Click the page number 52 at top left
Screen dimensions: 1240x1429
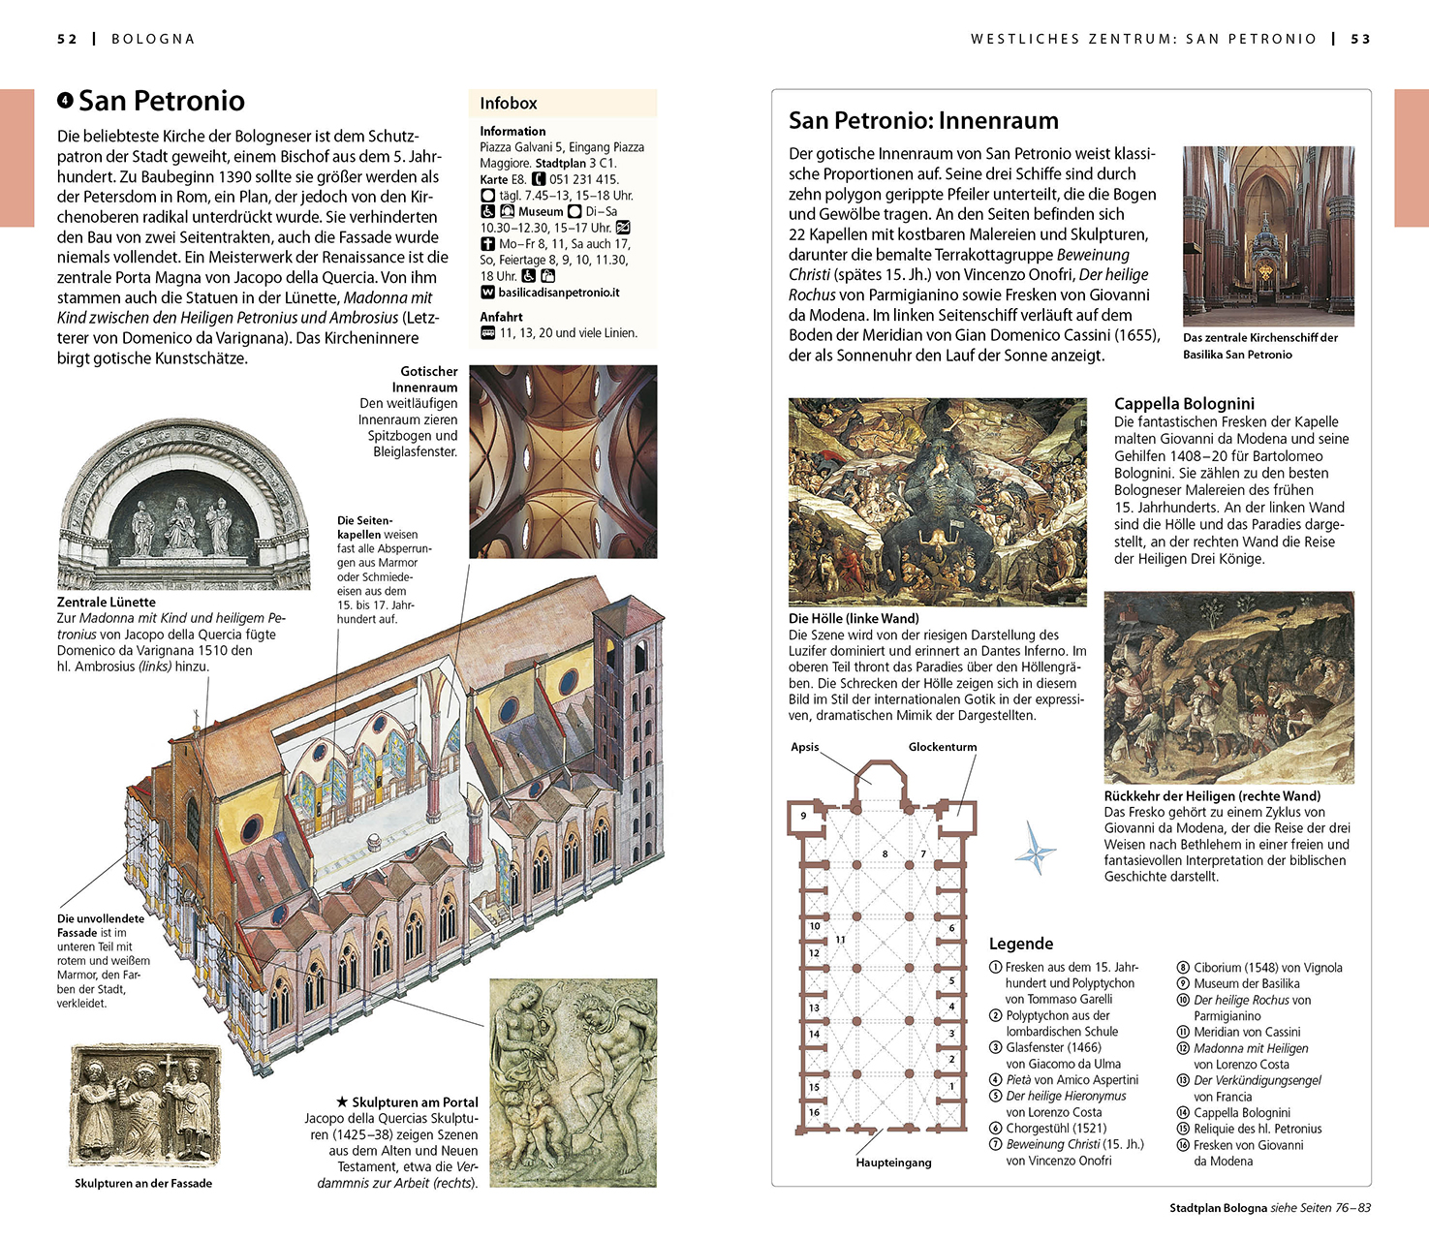(67, 39)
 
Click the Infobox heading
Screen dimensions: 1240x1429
(508, 103)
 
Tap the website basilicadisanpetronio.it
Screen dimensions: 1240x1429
(558, 293)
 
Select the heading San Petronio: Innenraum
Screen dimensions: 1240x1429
(923, 121)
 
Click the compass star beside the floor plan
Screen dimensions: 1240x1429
(1035, 849)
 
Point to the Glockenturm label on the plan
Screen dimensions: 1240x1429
(942, 747)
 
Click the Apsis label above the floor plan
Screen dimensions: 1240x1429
(804, 747)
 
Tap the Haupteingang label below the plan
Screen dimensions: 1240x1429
(893, 1162)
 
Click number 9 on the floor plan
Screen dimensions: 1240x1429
(803, 816)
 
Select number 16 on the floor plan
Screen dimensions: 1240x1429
(814, 1112)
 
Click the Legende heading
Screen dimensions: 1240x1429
(1020, 944)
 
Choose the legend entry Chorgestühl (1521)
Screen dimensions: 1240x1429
(1056, 1128)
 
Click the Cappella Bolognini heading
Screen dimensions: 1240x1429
(1184, 404)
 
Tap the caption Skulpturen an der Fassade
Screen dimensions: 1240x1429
(143, 1183)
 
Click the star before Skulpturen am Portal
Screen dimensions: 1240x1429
(342, 1101)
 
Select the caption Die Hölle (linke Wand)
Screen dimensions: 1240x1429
(854, 618)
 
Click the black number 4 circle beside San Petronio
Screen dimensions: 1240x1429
(65, 100)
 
